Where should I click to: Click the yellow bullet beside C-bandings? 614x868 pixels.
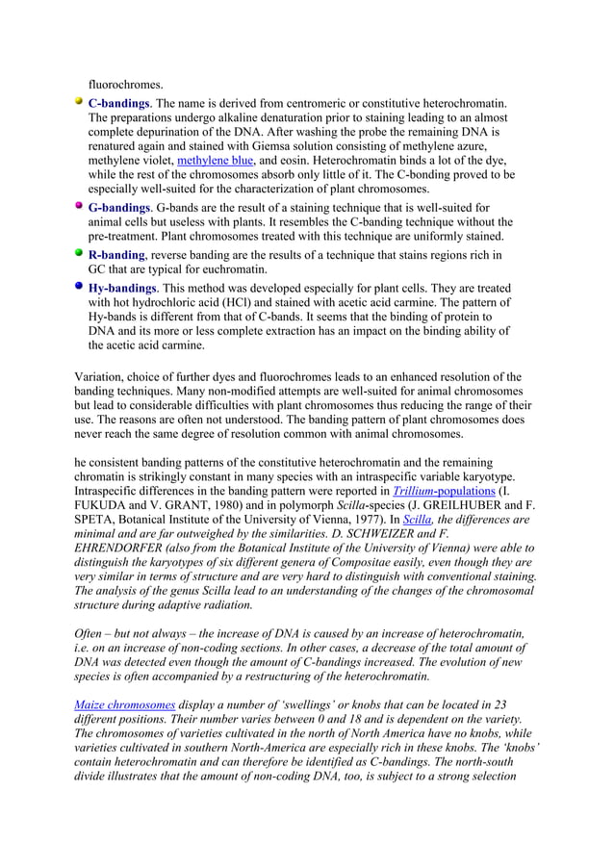79,101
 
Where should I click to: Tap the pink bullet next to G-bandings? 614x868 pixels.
79,206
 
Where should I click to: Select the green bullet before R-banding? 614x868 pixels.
79,253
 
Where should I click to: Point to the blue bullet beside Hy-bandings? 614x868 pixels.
79,287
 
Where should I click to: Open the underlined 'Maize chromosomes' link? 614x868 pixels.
125,703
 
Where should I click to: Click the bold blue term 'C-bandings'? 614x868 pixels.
118,102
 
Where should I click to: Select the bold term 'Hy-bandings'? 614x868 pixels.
122,288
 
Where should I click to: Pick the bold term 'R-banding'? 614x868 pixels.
116,254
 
